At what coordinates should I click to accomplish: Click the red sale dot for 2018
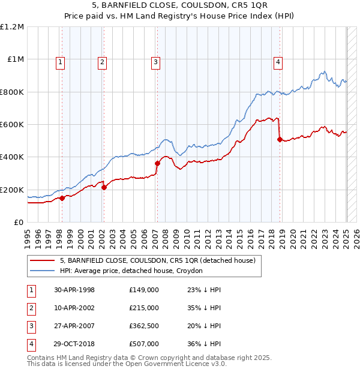click(x=280, y=139)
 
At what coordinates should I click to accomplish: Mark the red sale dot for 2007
click(x=157, y=163)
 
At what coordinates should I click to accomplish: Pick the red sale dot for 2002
click(x=104, y=187)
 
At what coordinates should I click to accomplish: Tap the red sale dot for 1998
click(x=62, y=198)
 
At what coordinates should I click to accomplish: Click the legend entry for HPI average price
click(x=131, y=271)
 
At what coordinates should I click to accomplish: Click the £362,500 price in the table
click(x=143, y=326)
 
